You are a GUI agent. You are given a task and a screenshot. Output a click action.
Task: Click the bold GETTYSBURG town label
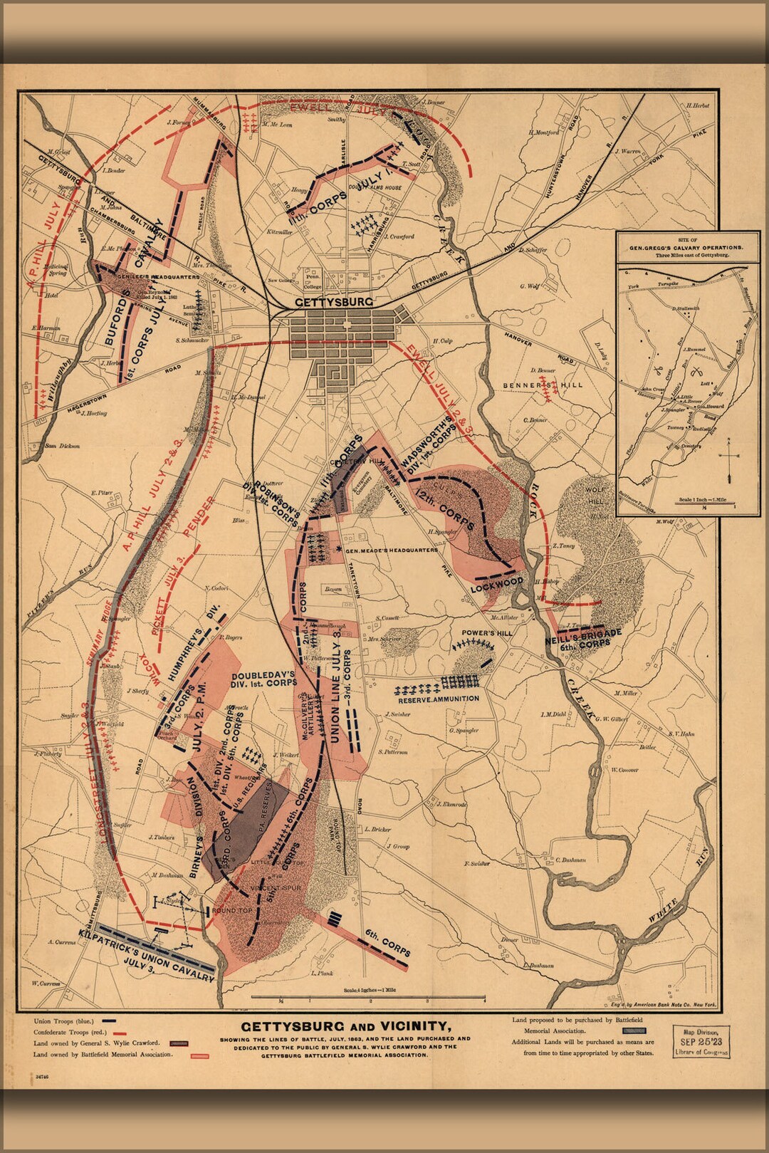pos(334,302)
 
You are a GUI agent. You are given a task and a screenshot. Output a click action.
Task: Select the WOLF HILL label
pos(595,496)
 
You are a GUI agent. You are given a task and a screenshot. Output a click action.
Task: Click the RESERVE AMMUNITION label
pos(439,699)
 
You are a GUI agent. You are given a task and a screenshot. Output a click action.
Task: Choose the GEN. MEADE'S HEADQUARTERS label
pos(391,551)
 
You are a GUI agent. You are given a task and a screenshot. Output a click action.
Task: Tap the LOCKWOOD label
pos(496,583)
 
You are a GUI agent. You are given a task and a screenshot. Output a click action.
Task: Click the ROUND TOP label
pos(232,911)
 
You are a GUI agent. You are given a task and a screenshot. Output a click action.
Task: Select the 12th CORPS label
pos(446,508)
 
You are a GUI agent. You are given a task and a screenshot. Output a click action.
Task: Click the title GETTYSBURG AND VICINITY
pos(345,1026)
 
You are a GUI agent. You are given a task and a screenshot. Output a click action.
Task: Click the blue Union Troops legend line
pos(109,1021)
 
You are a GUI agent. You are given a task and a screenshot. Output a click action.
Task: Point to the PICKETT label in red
pos(162,613)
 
